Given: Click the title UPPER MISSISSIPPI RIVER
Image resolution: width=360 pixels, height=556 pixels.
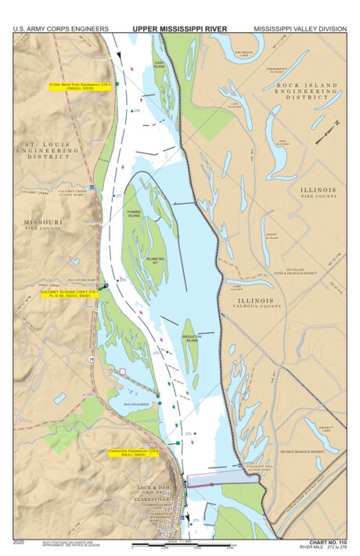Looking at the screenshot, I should pyautogui.click(x=179, y=29).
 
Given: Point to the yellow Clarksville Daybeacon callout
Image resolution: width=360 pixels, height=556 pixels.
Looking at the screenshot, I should pyautogui.click(x=134, y=453).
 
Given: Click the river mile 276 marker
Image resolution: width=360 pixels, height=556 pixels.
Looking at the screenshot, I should pyautogui.click(x=122, y=279).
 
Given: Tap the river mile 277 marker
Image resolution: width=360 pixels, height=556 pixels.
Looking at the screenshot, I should pyautogui.click(x=119, y=195).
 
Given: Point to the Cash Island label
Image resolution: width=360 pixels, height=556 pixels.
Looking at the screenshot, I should pyautogui.click(x=159, y=65).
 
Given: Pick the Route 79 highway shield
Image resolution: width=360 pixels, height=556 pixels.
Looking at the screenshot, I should pyautogui.click(x=92, y=359).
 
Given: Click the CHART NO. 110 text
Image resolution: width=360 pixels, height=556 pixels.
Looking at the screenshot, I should pyautogui.click(x=327, y=541).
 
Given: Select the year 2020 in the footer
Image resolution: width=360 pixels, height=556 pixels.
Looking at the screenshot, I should pyautogui.click(x=20, y=541).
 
